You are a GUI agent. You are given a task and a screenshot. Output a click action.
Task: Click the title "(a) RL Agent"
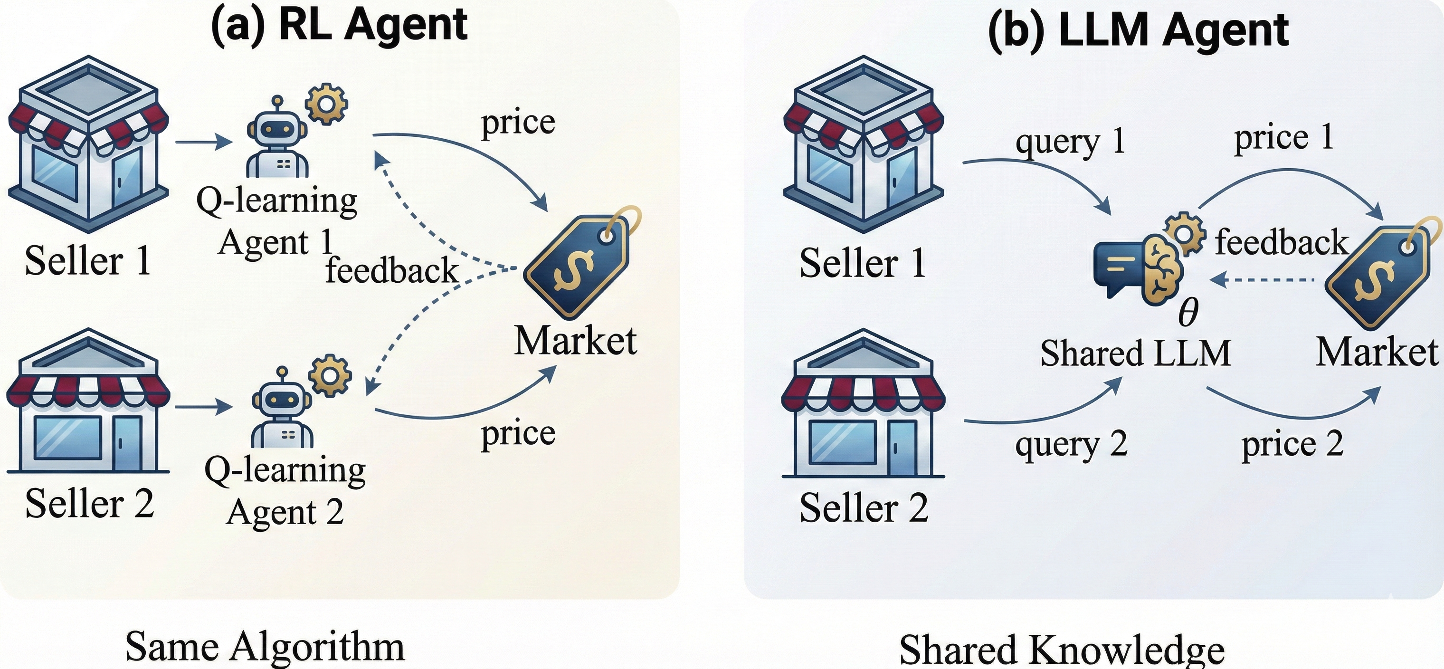339,25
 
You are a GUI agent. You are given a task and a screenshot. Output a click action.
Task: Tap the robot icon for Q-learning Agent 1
277,138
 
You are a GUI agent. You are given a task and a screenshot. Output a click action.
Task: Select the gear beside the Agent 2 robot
330,374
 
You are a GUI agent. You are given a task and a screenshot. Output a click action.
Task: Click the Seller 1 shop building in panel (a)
88,143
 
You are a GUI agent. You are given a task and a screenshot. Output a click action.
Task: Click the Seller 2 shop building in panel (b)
863,404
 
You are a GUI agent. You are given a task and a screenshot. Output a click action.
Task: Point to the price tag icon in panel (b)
1382,275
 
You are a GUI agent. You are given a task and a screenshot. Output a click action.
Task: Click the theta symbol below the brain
1188,312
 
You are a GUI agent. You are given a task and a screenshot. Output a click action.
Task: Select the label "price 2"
1292,444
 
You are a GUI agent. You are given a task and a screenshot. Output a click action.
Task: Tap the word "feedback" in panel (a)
392,270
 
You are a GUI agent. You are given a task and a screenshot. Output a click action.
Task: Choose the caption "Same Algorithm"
265,647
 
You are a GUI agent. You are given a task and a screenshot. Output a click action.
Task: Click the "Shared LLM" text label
1135,354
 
